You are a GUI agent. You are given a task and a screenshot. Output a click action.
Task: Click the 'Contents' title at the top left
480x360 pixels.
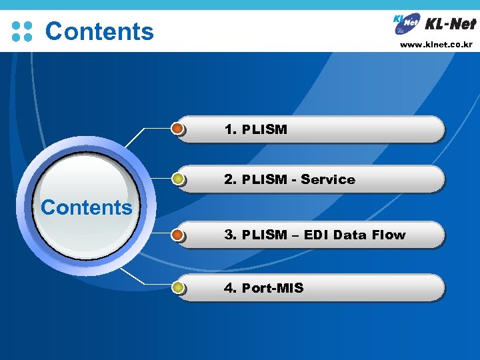(99, 31)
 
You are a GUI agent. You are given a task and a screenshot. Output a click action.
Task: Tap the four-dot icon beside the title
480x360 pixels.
(22, 31)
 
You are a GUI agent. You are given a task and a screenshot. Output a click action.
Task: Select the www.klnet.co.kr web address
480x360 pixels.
(436, 45)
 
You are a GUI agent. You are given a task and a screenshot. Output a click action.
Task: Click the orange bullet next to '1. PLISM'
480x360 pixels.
(178, 129)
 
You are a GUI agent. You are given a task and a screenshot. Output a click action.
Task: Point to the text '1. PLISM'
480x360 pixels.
(256, 129)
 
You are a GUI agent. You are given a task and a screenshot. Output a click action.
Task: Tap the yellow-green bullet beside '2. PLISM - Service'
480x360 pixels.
(178, 179)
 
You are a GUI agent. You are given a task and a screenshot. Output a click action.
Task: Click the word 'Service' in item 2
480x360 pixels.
(328, 179)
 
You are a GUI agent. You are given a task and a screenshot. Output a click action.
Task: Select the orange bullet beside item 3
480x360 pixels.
(178, 235)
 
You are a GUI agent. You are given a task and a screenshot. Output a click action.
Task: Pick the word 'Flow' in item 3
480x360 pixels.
(388, 235)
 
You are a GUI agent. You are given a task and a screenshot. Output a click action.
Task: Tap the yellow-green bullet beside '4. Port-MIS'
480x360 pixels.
(178, 288)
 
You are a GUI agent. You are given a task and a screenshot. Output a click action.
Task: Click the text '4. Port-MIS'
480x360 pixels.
(264, 288)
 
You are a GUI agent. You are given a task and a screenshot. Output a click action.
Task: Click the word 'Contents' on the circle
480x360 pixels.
(87, 207)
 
